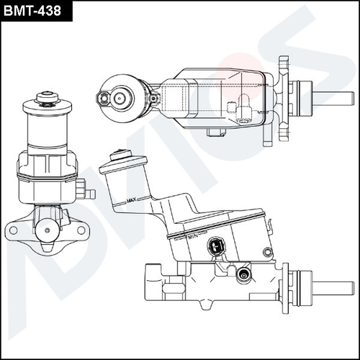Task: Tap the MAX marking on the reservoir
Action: click(x=131, y=200)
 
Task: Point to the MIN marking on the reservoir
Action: click(x=192, y=235)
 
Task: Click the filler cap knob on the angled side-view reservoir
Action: click(x=119, y=153)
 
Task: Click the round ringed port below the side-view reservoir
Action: click(x=243, y=273)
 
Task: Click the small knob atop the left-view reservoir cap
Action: click(x=48, y=94)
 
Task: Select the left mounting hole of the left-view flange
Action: click(x=13, y=230)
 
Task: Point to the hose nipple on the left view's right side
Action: click(x=89, y=193)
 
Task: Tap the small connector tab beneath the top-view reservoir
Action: click(x=215, y=132)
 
